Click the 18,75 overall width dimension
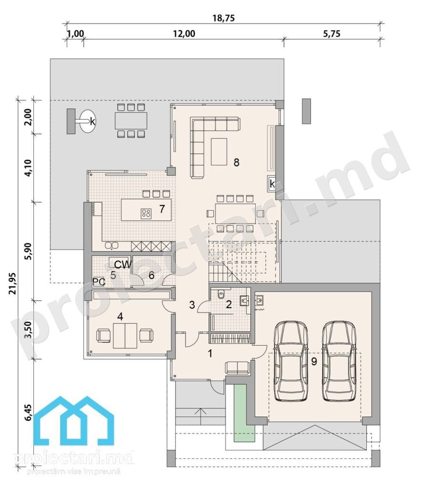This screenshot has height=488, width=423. [223, 18]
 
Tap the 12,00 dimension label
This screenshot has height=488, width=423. [184, 34]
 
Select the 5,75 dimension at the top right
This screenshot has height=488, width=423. [331, 34]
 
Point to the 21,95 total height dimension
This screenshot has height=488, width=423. [13, 283]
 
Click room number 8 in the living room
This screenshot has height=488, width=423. [237, 162]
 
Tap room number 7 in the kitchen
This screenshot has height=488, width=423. [162, 209]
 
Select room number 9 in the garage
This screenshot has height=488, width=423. [314, 361]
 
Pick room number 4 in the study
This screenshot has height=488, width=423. [120, 316]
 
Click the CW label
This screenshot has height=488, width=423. [123, 264]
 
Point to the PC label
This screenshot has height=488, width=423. [99, 282]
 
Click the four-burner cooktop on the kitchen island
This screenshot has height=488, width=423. [146, 213]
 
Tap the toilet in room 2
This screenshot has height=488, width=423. [221, 294]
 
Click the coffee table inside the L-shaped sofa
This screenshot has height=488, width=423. [219, 152]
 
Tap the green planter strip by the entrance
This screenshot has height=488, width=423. [245, 413]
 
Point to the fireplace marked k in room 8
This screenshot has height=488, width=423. [272, 183]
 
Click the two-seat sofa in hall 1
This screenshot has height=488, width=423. [237, 367]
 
